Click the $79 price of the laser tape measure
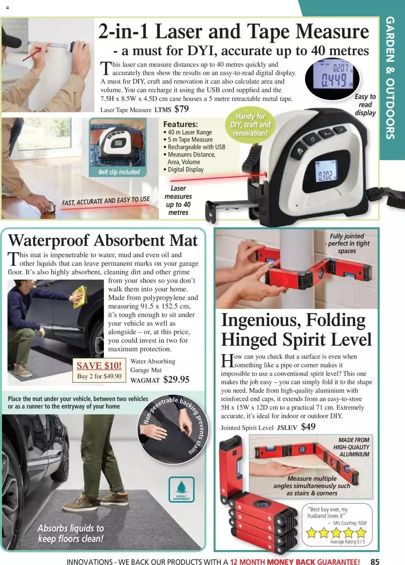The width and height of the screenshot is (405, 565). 182,109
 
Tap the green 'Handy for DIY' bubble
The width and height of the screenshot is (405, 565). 250,125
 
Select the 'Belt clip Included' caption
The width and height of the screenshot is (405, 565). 119,172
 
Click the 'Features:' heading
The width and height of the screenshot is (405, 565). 180,124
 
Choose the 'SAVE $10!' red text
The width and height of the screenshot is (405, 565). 99,366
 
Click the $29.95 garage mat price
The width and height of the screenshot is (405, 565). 176,380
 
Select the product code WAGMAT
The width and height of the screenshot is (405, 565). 145,380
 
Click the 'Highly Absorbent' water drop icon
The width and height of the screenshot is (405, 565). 182,490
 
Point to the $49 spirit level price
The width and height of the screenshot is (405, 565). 308,427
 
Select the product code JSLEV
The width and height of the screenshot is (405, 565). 287,428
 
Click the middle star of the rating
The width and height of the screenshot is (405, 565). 336,533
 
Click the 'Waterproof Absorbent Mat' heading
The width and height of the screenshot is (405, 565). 103,240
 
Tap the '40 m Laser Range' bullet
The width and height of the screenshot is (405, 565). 190,132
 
